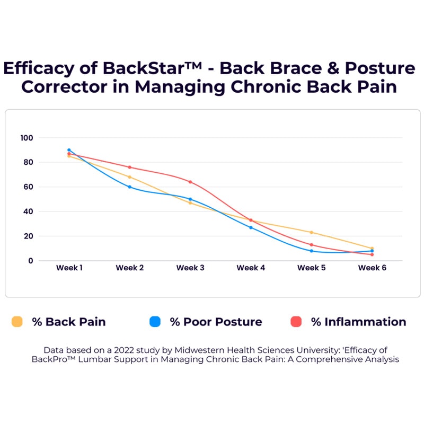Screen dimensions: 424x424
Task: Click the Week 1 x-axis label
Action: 69,268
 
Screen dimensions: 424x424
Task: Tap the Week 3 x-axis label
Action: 190,268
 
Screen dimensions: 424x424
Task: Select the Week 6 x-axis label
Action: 372,268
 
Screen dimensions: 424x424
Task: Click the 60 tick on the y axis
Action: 28,187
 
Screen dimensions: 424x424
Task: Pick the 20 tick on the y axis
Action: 28,236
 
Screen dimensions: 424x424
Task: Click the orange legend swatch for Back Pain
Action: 17,322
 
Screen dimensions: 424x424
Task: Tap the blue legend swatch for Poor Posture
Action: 155,322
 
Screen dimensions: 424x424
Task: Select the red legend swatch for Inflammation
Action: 296,322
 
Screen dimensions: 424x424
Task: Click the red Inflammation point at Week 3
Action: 190,182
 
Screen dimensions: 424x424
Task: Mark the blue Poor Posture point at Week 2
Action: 130,187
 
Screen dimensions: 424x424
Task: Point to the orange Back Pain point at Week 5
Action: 312,232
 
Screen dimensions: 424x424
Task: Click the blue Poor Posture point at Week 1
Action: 69,150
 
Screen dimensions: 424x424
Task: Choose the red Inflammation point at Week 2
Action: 130,167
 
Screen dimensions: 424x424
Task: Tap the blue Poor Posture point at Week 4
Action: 251,227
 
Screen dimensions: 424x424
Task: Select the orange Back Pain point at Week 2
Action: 130,177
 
